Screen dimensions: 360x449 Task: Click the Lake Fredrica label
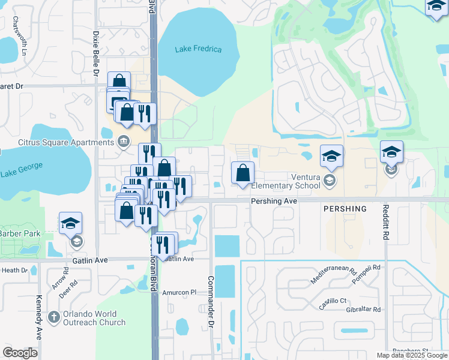pos(199,49)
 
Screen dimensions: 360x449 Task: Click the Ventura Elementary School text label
pos(305,181)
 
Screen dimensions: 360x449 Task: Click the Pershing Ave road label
pos(274,201)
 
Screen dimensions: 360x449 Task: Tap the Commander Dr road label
pos(211,298)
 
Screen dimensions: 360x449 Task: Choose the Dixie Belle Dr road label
pos(96,53)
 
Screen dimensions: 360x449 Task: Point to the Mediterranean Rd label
pos(333,275)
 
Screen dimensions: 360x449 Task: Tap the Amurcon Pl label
pos(179,292)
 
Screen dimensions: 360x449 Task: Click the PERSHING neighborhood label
pos(345,209)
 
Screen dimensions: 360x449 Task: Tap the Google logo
pos(19,353)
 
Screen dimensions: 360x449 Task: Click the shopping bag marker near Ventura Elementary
pos(243,174)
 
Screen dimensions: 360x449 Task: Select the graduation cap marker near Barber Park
pos(71,224)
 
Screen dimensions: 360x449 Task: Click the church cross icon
pos(53,317)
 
